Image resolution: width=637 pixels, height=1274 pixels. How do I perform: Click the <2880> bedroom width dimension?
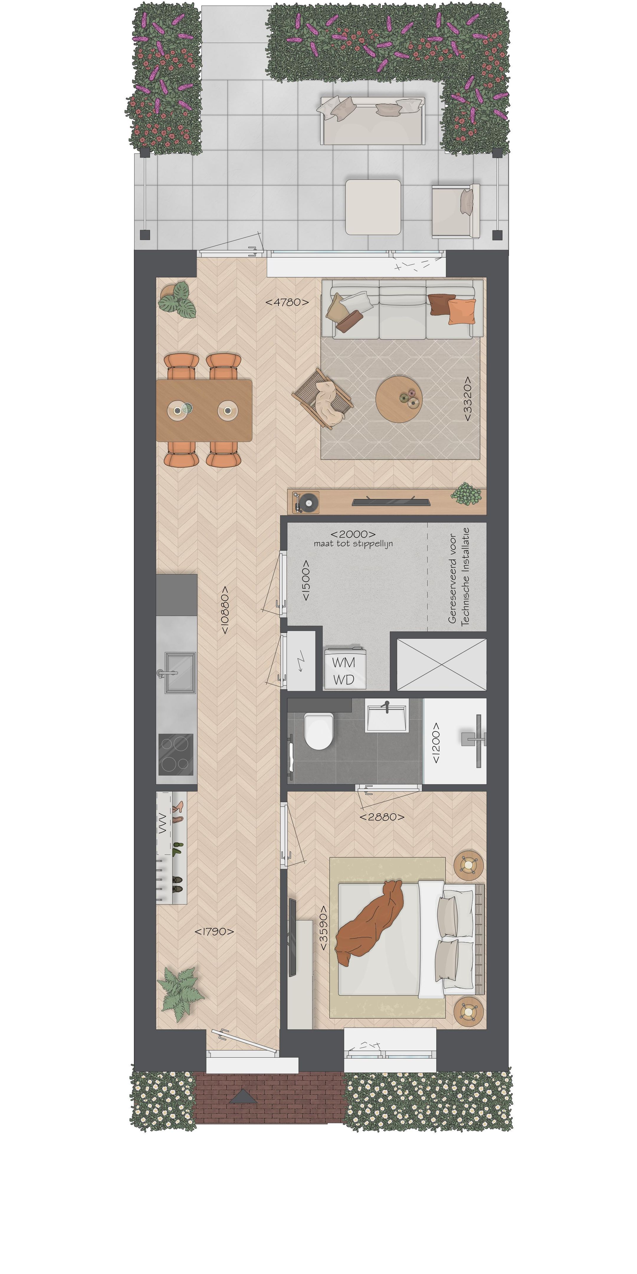click(x=382, y=817)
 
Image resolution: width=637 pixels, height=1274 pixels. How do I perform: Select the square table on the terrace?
click(x=373, y=207)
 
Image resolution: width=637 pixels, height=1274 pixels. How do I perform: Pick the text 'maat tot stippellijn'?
click(x=353, y=544)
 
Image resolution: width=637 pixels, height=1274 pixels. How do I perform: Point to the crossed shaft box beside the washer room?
click(x=441, y=664)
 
